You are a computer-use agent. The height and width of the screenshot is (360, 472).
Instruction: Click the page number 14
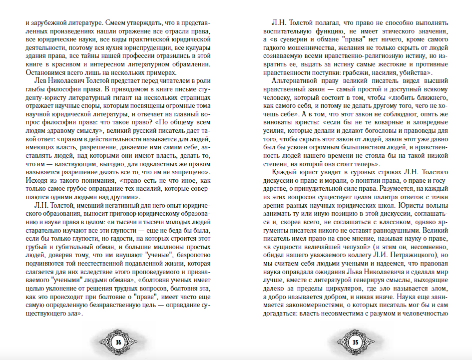click(x=119, y=342)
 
